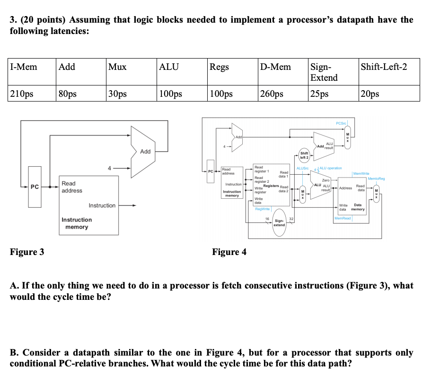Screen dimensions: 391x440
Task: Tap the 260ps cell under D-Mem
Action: [272, 93]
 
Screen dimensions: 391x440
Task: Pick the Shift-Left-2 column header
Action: [384, 67]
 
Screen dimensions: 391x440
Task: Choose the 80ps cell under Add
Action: [67, 93]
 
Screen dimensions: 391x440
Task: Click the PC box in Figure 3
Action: [35, 187]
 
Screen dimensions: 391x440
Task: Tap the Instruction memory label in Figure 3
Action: [77, 223]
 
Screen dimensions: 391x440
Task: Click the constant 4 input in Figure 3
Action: [109, 167]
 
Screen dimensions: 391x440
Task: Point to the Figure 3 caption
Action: [27, 252]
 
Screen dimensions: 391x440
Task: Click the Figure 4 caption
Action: [229, 252]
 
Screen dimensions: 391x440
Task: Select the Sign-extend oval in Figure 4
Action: [279, 222]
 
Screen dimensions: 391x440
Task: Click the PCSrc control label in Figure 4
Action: [341, 123]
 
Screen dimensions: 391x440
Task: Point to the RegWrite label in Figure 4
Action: [263, 208]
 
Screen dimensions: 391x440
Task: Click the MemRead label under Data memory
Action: [343, 219]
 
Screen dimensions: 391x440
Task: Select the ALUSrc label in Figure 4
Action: [302, 168]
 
